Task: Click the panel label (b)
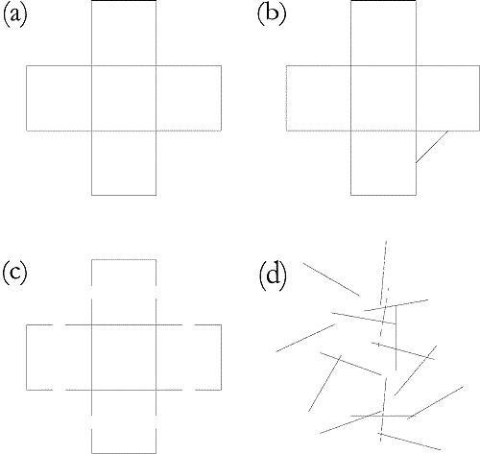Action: pos(272,15)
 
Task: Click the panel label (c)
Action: pos(14,274)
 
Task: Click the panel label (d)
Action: pos(272,274)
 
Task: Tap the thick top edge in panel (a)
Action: pos(124,1)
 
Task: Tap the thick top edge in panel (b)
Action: pos(383,1)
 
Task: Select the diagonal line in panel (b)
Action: pos(432,147)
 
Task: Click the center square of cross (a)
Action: pos(124,98)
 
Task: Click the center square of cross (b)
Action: pos(383,98)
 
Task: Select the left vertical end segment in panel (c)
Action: pos(27,357)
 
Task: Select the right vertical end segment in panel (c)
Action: pos(221,357)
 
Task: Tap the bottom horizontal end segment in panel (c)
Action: pos(124,453)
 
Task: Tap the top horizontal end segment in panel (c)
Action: pos(124,260)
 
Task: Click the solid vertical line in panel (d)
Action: pos(396,338)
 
